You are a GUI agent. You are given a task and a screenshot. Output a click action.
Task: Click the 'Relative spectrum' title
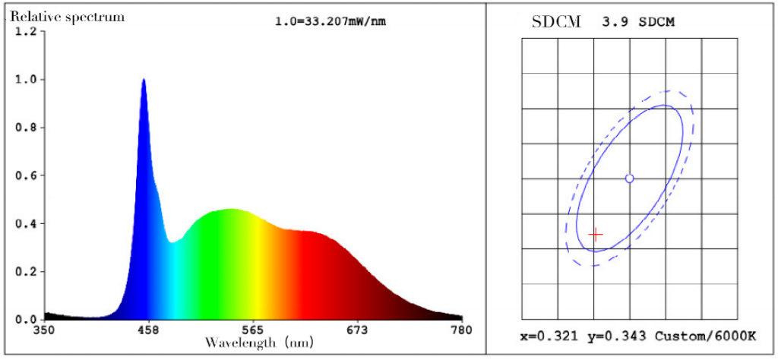click(x=67, y=17)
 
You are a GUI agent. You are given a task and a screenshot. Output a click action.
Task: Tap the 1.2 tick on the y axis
click(x=26, y=31)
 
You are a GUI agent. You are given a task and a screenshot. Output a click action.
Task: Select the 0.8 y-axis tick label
click(x=26, y=128)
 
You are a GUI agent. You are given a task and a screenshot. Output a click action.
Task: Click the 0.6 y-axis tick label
click(x=26, y=175)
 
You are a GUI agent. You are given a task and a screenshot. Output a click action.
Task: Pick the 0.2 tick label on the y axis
click(x=26, y=271)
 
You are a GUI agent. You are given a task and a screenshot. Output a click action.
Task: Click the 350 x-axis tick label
click(x=44, y=330)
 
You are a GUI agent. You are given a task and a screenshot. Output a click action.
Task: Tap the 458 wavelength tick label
click(x=148, y=330)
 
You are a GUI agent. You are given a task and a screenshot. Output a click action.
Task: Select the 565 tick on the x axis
click(x=252, y=330)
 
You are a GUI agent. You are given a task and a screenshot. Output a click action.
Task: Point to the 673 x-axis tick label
click(x=357, y=330)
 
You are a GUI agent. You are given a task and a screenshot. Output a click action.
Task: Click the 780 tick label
click(x=461, y=330)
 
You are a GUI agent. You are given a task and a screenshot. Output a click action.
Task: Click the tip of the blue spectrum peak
click(x=144, y=79)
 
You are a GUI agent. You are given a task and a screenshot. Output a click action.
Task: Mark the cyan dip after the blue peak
click(x=174, y=242)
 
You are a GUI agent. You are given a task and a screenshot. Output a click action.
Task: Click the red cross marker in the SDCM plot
click(x=596, y=235)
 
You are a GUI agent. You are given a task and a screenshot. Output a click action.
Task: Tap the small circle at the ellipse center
click(x=629, y=178)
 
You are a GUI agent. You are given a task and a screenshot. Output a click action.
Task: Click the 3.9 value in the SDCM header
click(x=611, y=23)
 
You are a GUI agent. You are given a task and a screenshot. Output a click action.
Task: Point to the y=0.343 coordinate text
click(x=615, y=336)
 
